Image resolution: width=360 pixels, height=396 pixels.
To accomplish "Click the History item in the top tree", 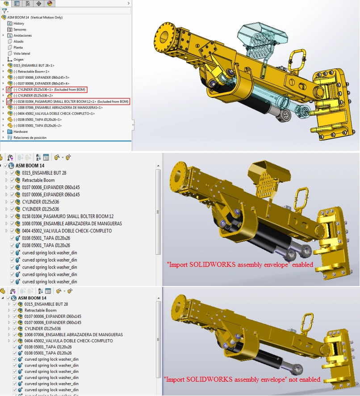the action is point(19,24).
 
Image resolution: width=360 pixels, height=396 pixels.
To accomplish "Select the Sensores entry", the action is point(20,29).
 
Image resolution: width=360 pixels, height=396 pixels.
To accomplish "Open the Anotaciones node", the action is point(22,36).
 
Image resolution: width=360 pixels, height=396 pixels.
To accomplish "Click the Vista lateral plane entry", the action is point(22,54).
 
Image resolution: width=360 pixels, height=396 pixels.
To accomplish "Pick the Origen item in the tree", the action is point(18,59).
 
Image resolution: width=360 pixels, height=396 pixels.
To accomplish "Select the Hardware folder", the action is point(21,131).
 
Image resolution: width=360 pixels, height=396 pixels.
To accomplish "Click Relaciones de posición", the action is point(30,138).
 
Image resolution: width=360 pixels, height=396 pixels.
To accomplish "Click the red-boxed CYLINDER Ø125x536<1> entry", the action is point(50,90).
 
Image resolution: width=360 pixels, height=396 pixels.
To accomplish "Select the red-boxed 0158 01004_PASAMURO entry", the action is point(71,101).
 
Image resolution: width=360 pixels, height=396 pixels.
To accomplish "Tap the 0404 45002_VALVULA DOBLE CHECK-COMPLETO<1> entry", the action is point(54,114).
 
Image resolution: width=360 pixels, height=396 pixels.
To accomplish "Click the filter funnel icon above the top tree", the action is point(4,11).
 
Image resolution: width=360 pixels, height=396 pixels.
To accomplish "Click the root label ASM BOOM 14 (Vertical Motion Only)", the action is point(35,17).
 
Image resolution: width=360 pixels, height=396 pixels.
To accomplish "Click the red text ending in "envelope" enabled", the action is point(240,265).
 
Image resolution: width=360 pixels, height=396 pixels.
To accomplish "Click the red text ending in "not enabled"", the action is point(242,379).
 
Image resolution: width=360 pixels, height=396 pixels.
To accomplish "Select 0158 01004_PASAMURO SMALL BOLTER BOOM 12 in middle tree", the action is point(67,216).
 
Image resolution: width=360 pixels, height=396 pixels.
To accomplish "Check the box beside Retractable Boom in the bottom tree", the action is point(15,310).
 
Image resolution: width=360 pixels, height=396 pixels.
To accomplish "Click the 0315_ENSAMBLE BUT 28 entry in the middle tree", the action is point(44,173).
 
